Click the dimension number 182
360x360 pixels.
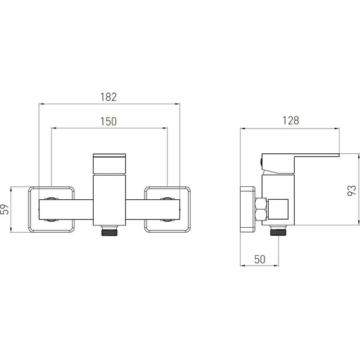coord(109,97)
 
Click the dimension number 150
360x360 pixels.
coord(109,122)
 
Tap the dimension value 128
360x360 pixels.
coord(290,120)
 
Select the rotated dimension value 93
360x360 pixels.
coord(351,191)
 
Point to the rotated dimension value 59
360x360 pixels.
coord(5,209)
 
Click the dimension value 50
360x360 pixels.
coord(259,259)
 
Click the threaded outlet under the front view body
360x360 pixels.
coord(109,231)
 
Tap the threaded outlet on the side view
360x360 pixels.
coord(278,230)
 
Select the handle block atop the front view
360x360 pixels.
coord(109,164)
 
